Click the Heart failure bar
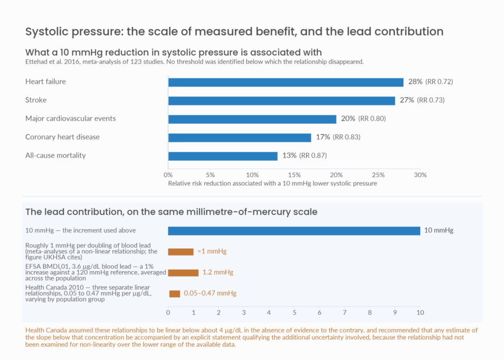(286, 82)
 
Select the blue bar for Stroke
(282, 101)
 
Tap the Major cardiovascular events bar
(252, 119)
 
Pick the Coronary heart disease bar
(240, 137)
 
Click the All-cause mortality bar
(223, 156)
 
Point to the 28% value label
(415, 82)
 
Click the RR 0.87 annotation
(313, 155)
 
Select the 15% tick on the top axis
(294, 175)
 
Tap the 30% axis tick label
(420, 175)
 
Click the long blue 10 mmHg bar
(294, 231)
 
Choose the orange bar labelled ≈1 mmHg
(181, 252)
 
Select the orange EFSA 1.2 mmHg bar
(183, 272)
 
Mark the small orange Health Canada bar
(175, 294)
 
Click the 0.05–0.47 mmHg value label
(210, 293)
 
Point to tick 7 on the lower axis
(345, 312)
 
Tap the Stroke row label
(36, 100)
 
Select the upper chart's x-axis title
(273, 183)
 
